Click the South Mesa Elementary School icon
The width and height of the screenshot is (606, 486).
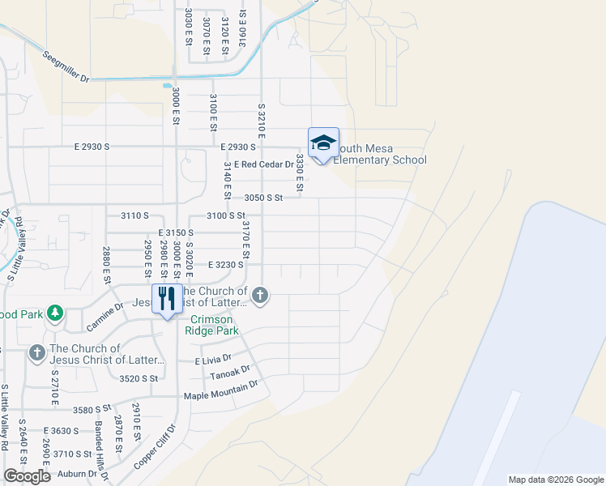click(323, 143)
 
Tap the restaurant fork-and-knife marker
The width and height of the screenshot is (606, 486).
click(167, 298)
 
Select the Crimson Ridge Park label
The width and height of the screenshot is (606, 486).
click(214, 325)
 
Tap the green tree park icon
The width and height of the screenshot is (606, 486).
click(54, 313)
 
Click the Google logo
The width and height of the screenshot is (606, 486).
click(26, 476)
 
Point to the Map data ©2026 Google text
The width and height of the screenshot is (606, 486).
click(556, 480)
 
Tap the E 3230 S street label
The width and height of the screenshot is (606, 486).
click(226, 265)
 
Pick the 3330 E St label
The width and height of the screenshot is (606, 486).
click(299, 173)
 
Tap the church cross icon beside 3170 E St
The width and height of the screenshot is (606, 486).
click(259, 294)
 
